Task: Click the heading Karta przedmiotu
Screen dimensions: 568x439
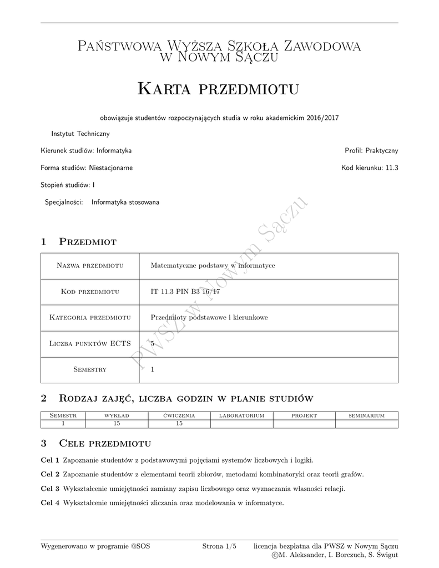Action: click(218, 88)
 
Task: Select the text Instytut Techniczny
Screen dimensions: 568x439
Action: click(80, 134)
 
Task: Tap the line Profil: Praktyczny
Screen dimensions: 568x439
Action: click(371, 150)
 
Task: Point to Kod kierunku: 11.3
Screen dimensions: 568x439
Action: click(370, 168)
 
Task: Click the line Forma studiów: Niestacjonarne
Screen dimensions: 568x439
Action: click(87, 168)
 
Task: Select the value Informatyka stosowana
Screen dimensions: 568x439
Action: click(125, 202)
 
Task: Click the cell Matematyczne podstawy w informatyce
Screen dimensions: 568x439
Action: click(213, 266)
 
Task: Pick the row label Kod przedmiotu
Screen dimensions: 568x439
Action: click(89, 292)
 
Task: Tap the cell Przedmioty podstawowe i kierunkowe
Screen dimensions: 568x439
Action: click(209, 317)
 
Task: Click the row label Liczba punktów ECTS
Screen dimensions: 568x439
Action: click(89, 344)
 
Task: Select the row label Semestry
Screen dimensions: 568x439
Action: click(89, 369)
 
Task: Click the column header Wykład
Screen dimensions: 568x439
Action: click(117, 415)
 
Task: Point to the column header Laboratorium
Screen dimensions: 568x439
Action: click(241, 415)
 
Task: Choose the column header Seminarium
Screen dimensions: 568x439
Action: click(366, 415)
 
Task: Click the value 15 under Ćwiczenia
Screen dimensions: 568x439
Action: click(179, 423)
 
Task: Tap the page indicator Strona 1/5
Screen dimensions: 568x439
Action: click(219, 546)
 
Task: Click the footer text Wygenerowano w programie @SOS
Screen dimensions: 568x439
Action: click(95, 546)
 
